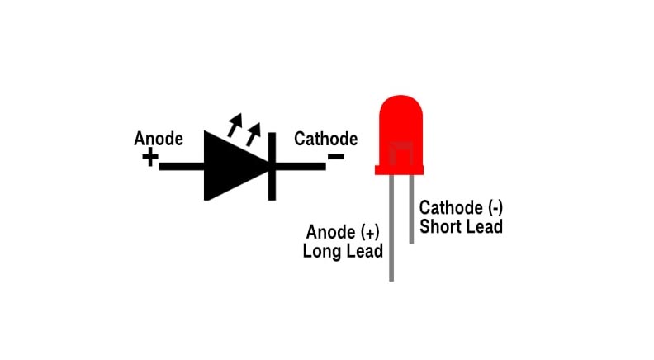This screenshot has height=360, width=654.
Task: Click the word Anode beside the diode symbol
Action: [x=159, y=139]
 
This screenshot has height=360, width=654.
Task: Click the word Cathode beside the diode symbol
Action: [x=326, y=139]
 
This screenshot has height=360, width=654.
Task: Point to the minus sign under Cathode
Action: [x=336, y=157]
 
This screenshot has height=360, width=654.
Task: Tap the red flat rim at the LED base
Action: [x=400, y=170]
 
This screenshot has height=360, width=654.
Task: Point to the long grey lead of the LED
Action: [x=391, y=239]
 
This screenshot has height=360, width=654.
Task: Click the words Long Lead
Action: [x=343, y=250]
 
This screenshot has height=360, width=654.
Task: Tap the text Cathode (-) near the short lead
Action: [x=461, y=207]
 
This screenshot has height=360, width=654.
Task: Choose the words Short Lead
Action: [x=461, y=226]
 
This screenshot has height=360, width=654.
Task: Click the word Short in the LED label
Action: [x=440, y=226]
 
